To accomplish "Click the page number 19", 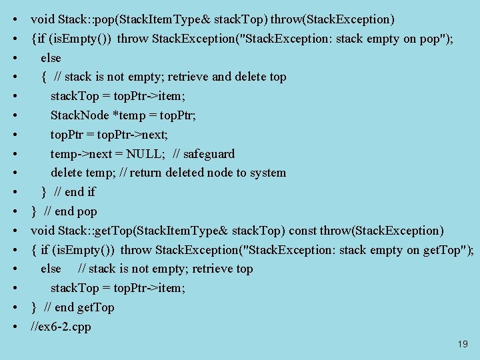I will pyautogui.click(x=463, y=345).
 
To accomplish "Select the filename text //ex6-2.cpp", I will pyautogui.click(x=61, y=327).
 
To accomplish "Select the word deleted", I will pyautogui.click(x=192, y=173).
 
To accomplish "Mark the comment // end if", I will pyautogui.click(x=75, y=192).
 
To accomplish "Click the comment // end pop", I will pyautogui.click(x=71, y=211).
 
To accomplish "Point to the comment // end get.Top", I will pyautogui.click(x=79, y=307).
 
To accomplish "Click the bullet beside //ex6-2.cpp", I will pyautogui.click(x=15, y=327).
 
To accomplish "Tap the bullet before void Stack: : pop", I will pyautogui.click(x=15, y=19).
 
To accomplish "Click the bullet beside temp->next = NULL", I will pyautogui.click(x=15, y=154).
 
